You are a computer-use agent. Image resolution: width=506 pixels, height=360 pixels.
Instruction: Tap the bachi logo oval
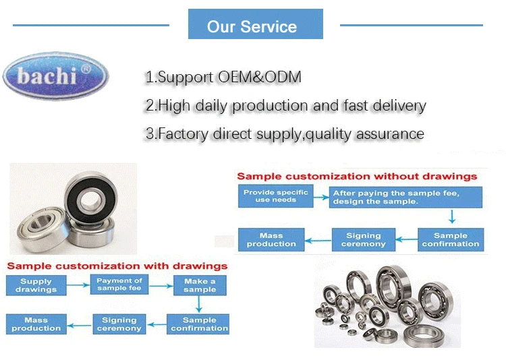pos(55,76)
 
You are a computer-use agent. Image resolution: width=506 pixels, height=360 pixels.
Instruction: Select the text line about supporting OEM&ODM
pos(223,77)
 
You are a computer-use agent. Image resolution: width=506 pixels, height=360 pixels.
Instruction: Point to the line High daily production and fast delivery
pos(285,106)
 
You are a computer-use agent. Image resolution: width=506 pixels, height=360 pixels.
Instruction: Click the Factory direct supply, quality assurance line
pos(285,134)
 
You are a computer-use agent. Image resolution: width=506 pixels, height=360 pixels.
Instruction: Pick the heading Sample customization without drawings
pos(357,177)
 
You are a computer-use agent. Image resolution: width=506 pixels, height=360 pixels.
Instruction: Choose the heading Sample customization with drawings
pos(117,266)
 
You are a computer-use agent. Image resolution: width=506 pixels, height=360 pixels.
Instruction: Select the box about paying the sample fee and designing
pos(405,197)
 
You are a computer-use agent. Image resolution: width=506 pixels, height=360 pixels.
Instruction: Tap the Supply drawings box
pos(36,285)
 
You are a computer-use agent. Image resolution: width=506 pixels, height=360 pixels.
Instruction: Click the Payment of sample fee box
pos(119,284)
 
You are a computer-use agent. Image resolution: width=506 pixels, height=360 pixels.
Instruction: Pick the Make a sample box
pos(200,285)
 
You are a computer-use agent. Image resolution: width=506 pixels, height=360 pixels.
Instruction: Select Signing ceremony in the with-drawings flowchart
pos(119,324)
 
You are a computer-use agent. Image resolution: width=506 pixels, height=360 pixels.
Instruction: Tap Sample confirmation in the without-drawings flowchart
pos(450,239)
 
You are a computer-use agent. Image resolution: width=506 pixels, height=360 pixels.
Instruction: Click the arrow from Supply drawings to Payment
pos(78,285)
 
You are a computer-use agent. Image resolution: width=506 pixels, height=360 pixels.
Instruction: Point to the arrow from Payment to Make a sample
pos(159,285)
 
